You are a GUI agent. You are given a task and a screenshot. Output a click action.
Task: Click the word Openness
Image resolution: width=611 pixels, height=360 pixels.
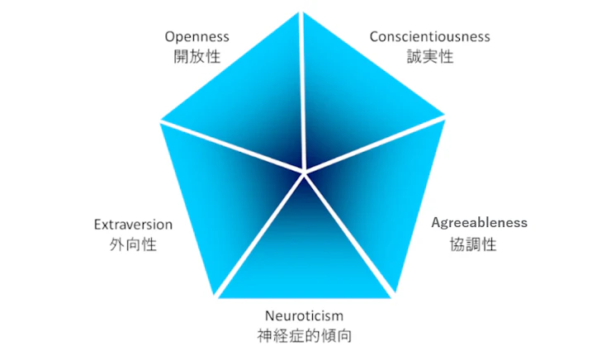[197, 36]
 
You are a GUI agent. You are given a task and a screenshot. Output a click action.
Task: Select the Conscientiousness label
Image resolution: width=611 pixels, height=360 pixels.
[429, 36]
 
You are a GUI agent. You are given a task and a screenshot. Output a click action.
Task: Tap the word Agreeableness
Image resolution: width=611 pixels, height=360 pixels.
[480, 223]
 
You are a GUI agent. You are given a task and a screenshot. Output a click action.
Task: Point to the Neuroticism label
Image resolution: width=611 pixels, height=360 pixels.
[304, 315]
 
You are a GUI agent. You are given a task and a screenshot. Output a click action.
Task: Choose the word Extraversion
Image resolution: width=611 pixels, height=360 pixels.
[133, 225]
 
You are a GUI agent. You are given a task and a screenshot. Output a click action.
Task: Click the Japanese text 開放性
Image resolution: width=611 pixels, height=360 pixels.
[197, 57]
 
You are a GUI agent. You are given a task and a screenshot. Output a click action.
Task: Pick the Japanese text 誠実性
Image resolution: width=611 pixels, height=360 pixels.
[429, 57]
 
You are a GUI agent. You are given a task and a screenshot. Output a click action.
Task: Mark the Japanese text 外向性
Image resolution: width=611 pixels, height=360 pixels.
[133, 245]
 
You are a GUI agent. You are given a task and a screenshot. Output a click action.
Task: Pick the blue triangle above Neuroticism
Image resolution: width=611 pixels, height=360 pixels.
[304, 256]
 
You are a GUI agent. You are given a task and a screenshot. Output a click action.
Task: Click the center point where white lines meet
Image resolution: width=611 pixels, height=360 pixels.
[304, 171]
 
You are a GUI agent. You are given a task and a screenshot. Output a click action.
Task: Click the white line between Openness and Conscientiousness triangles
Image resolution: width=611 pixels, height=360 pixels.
[303, 91]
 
